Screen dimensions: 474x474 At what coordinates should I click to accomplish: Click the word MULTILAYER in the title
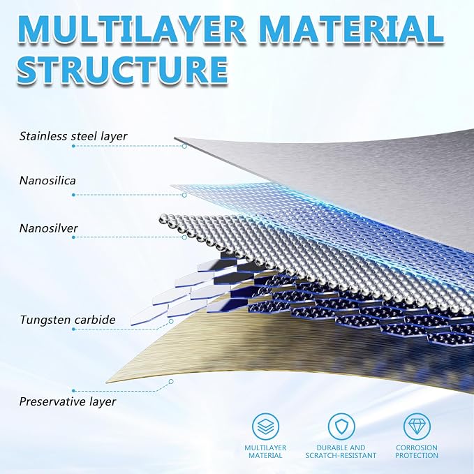131,29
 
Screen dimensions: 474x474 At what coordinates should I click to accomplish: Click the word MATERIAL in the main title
351,29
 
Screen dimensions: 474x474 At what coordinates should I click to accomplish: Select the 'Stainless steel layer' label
73,136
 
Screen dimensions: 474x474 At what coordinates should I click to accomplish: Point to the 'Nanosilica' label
47,181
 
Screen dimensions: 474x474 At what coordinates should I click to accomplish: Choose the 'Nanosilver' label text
49,228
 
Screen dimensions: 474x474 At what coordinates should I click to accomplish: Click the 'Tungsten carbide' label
68,320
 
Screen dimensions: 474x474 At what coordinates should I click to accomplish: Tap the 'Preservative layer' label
68,402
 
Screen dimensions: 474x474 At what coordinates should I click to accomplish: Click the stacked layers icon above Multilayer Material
265,427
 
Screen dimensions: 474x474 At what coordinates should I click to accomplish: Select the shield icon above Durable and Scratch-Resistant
341,427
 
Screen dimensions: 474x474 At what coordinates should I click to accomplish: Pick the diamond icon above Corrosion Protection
417,427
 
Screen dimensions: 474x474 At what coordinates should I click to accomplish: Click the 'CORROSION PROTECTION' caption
417,452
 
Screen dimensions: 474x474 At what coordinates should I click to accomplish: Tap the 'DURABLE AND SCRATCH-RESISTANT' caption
341,452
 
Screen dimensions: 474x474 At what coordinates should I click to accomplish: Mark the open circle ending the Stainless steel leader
184,147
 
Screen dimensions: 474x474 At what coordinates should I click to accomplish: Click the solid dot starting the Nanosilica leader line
73,195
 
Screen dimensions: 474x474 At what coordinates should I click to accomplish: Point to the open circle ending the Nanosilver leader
184,237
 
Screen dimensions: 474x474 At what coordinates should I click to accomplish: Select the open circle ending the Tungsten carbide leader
171,321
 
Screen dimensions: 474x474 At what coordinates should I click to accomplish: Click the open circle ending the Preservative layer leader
171,381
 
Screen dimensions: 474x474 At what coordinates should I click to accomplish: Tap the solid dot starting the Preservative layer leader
73,391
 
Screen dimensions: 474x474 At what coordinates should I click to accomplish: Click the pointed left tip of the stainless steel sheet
175,138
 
